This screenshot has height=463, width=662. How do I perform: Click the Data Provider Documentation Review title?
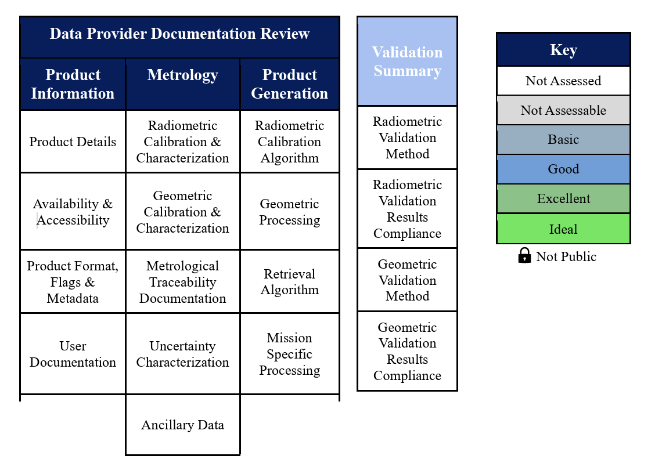[x=180, y=37]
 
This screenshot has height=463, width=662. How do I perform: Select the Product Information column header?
[x=73, y=84]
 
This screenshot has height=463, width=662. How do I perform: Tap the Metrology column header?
[x=183, y=84]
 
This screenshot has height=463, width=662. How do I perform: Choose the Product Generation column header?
[x=290, y=84]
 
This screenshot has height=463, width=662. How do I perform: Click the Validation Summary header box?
[x=408, y=61]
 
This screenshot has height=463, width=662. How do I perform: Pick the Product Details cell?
[x=73, y=142]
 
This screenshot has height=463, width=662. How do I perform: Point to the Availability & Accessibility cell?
[x=73, y=212]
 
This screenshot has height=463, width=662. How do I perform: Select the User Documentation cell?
[x=73, y=354]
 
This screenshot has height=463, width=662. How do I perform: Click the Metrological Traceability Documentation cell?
[x=183, y=281]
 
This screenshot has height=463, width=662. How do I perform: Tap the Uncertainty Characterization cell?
[x=183, y=354]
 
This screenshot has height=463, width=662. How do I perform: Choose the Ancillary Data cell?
[x=183, y=425]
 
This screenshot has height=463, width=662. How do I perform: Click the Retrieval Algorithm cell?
[x=290, y=281]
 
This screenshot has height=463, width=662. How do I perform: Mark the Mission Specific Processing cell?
[x=290, y=354]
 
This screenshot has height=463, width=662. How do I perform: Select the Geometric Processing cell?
[x=290, y=212]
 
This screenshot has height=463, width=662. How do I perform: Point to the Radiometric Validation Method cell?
[x=408, y=138]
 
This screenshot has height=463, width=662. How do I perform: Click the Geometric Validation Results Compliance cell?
[x=408, y=351]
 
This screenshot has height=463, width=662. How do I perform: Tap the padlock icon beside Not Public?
[x=524, y=255]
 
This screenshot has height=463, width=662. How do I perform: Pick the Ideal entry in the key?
[x=564, y=229]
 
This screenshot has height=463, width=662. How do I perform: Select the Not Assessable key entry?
[x=564, y=110]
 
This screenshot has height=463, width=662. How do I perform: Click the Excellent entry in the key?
[x=564, y=198]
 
